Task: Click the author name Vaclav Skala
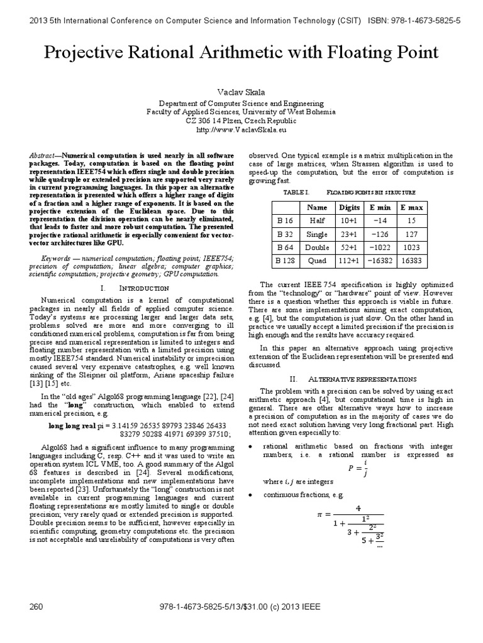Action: click(241, 92)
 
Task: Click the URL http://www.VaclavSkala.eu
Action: click(241, 131)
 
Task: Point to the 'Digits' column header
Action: click(349, 207)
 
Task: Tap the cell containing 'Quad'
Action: click(317, 260)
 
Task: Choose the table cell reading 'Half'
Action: click(317, 220)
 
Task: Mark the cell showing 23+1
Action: click(349, 234)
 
